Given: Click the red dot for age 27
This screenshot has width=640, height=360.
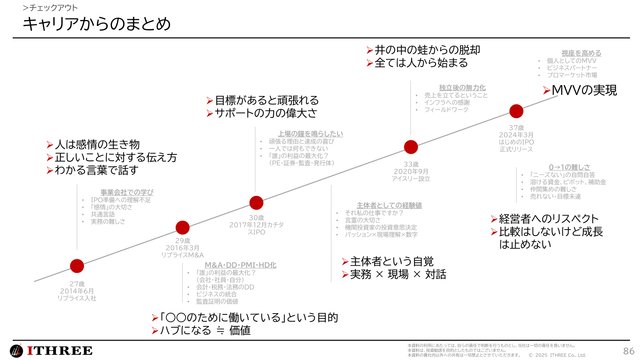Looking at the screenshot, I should point(77,266).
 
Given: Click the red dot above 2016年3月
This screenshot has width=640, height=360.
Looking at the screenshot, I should point(182,228).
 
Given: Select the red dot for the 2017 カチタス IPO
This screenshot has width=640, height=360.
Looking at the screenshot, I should point(256,203).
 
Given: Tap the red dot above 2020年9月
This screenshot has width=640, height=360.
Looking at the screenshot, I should point(411,147).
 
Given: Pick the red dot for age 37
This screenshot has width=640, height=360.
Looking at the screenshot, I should point(516,111).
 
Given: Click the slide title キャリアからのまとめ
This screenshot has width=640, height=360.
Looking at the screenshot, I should point(97,24).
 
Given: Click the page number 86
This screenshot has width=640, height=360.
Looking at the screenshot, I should point(628,351).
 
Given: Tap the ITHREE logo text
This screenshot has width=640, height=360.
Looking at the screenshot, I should point(60,351).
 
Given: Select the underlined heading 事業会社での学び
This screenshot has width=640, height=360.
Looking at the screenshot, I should point(127,192).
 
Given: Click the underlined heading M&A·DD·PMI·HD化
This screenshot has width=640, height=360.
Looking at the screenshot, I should point(240,265).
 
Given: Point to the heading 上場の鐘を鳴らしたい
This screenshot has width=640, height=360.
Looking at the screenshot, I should point(310,134).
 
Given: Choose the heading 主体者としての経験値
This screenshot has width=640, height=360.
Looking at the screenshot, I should point(389,206).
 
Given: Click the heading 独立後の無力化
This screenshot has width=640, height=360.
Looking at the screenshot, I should point(462,88).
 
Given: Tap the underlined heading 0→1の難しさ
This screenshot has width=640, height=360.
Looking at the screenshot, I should point(569,168).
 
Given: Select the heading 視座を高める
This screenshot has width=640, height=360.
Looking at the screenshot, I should point(581,53).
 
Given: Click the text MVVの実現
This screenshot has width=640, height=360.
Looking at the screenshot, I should point(584,90).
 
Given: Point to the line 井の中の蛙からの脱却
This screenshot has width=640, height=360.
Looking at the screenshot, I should point(427,50).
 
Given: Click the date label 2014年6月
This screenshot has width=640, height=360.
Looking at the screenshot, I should point(77,291).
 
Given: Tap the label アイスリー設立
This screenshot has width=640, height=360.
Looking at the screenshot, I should point(411,179).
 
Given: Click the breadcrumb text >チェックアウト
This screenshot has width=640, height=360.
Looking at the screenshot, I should point(50,8).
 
